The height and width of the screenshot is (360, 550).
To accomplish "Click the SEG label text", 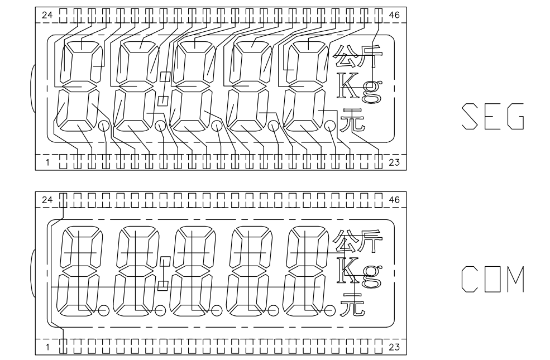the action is [x=493, y=117].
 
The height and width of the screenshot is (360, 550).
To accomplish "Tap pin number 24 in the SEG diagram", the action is [x=47, y=15].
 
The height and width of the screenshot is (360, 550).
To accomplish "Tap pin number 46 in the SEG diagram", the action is [x=394, y=15].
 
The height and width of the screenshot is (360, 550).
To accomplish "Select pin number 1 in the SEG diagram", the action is [x=47, y=162].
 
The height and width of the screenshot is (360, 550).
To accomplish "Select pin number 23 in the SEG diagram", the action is [x=394, y=162].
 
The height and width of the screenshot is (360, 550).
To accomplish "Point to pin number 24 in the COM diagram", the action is [x=47, y=200].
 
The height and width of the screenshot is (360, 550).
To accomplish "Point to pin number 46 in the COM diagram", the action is [x=394, y=200].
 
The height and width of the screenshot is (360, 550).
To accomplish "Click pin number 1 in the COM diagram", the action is [x=47, y=347].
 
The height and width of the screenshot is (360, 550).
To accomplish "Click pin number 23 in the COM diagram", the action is [x=394, y=347].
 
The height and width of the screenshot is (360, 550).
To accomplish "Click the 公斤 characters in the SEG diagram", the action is [x=358, y=57].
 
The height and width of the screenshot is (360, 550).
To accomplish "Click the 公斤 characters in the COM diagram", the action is [x=358, y=242].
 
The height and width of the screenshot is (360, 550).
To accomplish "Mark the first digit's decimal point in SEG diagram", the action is [x=104, y=126].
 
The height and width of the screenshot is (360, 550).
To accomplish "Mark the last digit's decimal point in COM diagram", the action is [x=329, y=310].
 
